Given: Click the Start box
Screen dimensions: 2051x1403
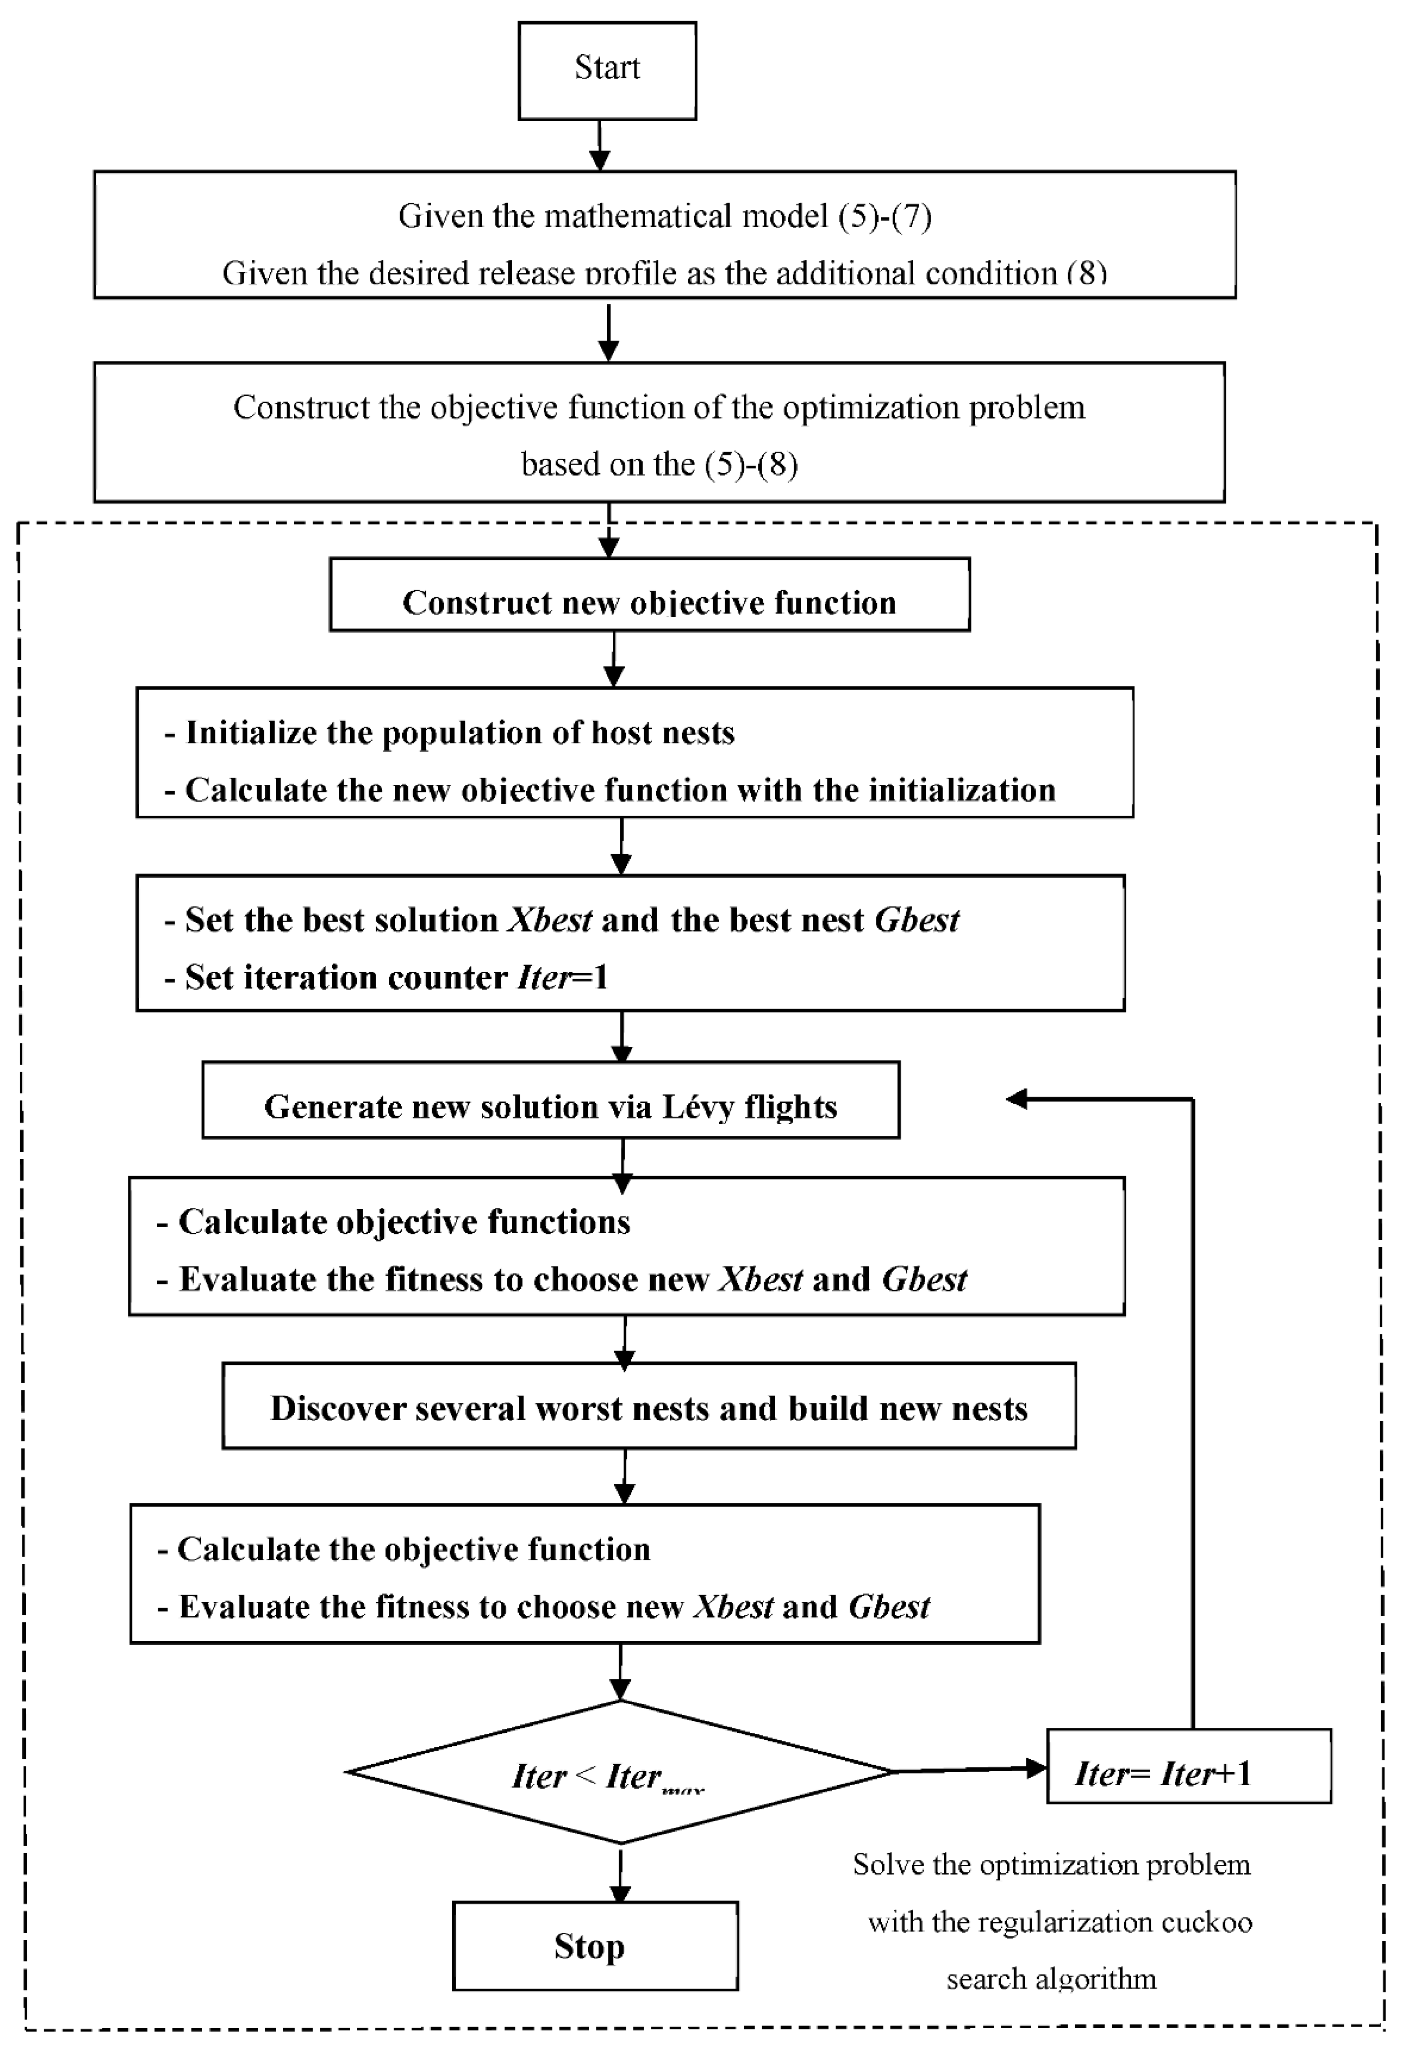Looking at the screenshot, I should tap(607, 70).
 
